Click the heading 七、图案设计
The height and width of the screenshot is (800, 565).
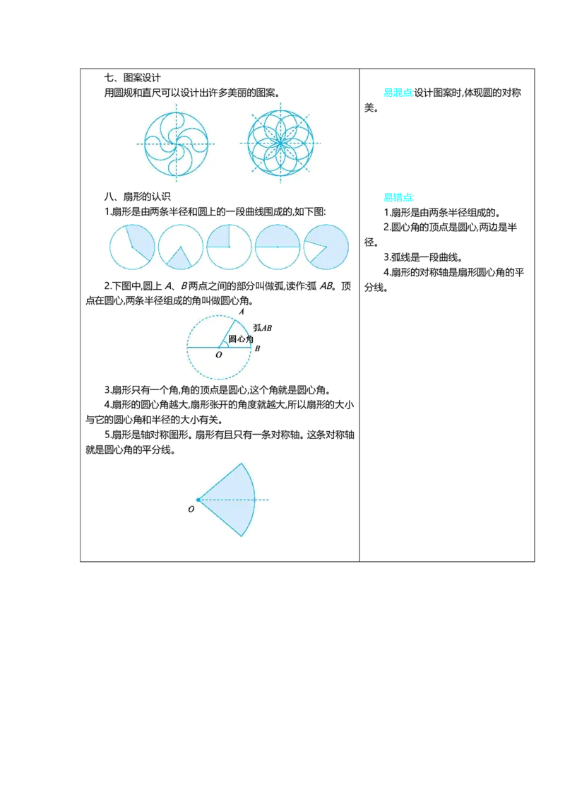tap(133, 78)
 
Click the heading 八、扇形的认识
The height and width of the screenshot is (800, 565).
tap(137, 196)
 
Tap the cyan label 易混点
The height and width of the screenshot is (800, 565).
tap(398, 93)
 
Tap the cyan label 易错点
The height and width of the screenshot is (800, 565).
tap(399, 197)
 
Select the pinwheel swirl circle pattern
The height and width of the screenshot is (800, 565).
tap(177, 143)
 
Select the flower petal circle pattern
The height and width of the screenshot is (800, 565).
tap(280, 143)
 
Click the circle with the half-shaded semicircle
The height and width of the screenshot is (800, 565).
tap(278, 247)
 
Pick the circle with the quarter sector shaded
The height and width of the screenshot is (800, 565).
tap(229, 247)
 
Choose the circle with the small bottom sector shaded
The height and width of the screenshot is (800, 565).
tap(181, 247)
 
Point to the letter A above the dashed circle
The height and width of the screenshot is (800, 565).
tap(242, 311)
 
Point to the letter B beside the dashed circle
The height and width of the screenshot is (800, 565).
tap(258, 348)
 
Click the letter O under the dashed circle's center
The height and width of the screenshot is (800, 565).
tap(219, 355)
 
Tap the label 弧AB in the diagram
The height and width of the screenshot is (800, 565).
tap(262, 327)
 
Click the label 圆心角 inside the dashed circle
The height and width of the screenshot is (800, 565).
tap(241, 339)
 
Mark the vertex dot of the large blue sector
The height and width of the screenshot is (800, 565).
tap(198, 500)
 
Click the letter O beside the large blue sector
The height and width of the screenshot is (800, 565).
tap(191, 509)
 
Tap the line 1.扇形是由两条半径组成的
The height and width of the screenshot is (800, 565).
tap(441, 213)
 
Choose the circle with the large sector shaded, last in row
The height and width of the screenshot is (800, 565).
tap(326, 247)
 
